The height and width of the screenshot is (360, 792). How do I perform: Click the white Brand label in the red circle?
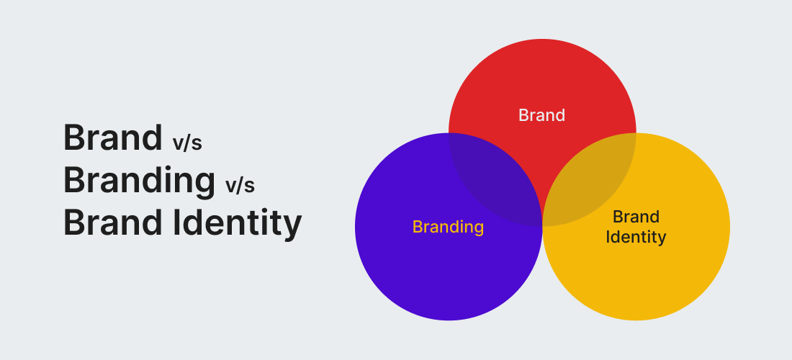[541, 115]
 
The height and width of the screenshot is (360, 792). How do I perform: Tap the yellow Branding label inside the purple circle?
[448, 227]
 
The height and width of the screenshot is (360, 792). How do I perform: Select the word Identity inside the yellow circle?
[636, 237]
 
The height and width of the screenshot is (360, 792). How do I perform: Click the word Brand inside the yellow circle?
[636, 217]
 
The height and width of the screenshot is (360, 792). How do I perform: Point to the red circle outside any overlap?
[542, 76]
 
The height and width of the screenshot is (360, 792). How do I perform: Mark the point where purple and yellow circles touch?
[542, 226]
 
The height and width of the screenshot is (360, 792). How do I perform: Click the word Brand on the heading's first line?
[112, 138]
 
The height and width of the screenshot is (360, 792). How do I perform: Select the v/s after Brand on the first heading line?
[187, 143]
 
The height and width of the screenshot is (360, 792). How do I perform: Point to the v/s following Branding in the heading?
[240, 185]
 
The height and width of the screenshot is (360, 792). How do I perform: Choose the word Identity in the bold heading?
[238, 224]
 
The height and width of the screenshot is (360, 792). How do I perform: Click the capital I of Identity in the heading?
[177, 222]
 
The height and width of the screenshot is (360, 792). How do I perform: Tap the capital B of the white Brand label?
[523, 115]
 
